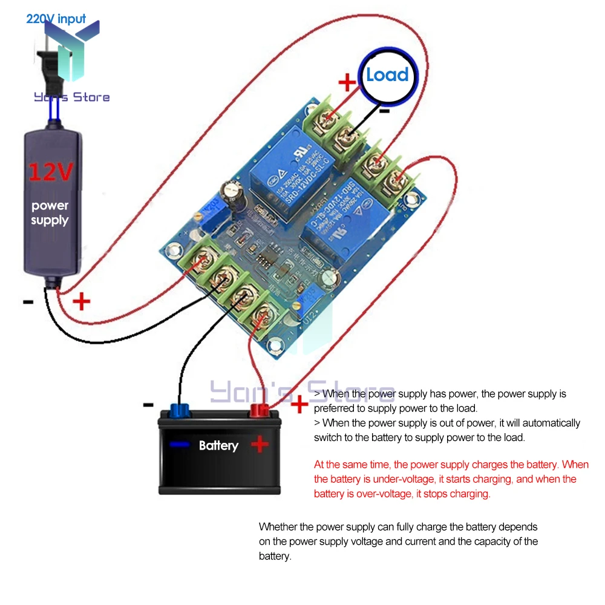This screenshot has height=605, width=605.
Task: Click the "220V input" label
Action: [x=56, y=19]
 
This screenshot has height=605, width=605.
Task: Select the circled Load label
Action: [x=387, y=75]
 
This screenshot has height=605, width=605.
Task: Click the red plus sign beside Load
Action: [x=347, y=82]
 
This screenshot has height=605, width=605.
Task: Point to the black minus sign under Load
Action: [x=384, y=111]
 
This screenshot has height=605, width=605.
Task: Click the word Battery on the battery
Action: [x=218, y=446]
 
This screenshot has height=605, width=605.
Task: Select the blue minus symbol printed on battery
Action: [x=179, y=445]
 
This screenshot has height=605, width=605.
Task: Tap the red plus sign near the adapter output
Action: [x=81, y=301]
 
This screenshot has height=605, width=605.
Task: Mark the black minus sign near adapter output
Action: [x=28, y=301]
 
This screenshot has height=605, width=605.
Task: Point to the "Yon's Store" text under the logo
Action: [x=71, y=97]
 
